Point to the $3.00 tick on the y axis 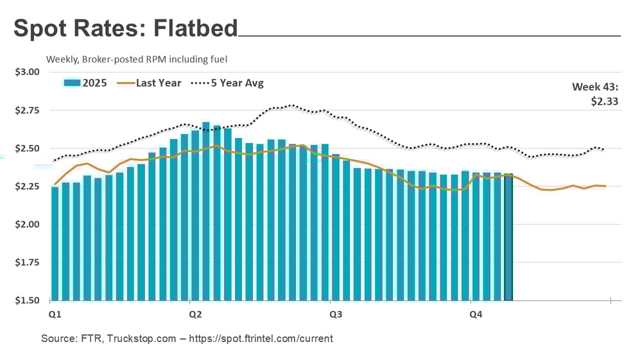[x=27, y=72]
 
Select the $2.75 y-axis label [x=27, y=110]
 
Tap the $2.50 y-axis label [x=27, y=148]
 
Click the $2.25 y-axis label [x=27, y=187]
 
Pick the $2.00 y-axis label [x=27, y=225]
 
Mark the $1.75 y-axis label [x=27, y=262]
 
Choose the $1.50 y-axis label [x=27, y=300]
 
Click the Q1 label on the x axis [x=55, y=314]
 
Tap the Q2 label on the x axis [x=195, y=314]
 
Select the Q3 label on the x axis [x=335, y=314]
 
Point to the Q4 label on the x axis [x=476, y=314]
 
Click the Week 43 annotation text [x=595, y=88]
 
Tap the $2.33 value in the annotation [x=605, y=101]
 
